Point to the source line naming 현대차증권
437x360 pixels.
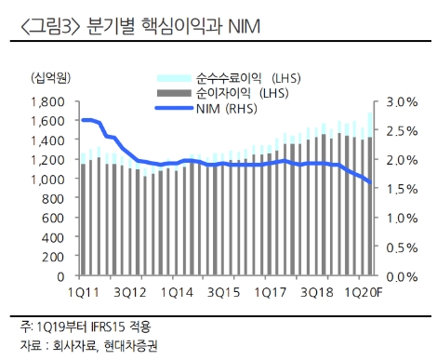88,346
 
